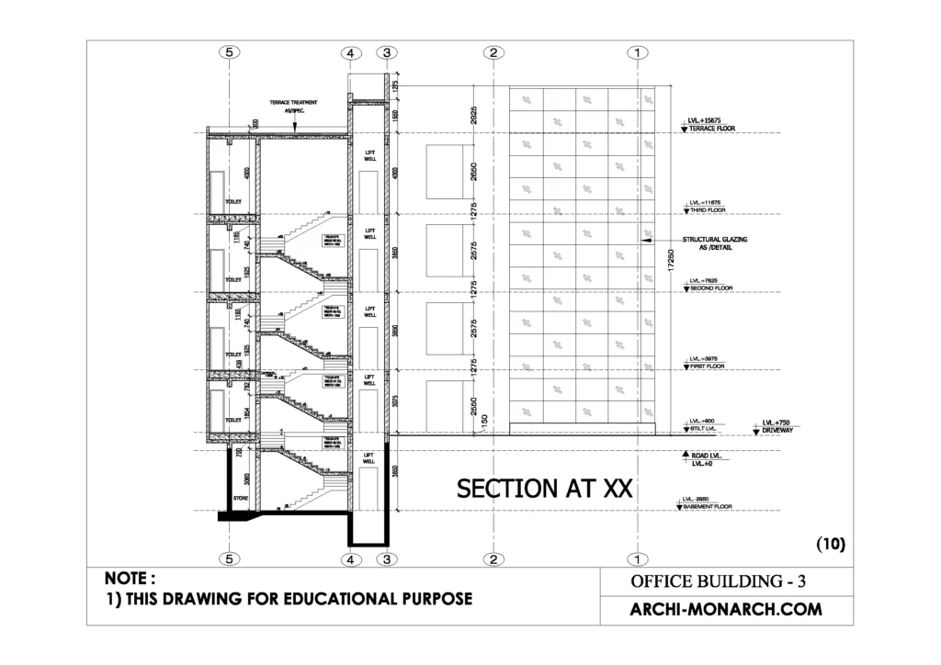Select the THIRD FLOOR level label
point(705,209)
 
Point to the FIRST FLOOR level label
point(705,366)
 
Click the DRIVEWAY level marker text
point(777,430)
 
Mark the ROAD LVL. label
point(705,455)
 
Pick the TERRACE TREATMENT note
point(293,102)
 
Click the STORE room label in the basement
point(240,500)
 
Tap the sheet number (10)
point(830,544)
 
